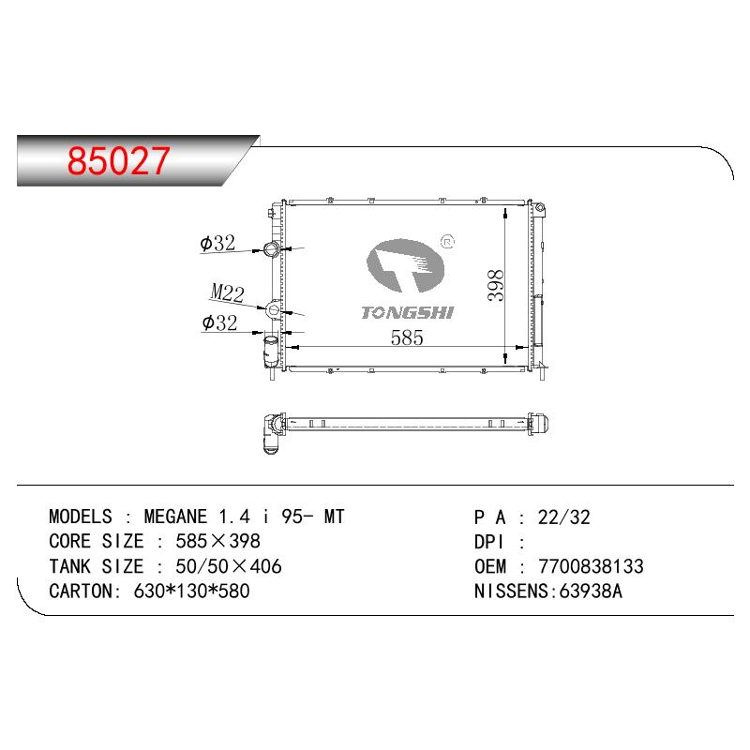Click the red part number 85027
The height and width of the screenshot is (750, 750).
coord(118,160)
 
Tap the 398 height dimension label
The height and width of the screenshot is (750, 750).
coord(495,286)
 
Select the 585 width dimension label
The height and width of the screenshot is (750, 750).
coord(407,337)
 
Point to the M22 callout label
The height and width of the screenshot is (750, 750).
coord(228,292)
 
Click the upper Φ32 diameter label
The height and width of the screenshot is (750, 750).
coord(217,243)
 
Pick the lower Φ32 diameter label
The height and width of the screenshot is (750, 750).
coord(219,322)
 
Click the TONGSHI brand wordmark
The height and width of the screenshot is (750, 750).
coord(407,313)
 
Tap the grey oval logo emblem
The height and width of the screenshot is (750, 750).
coord(405,265)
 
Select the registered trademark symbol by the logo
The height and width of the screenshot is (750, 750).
coord(447,242)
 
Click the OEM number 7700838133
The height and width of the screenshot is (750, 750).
coord(591,566)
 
